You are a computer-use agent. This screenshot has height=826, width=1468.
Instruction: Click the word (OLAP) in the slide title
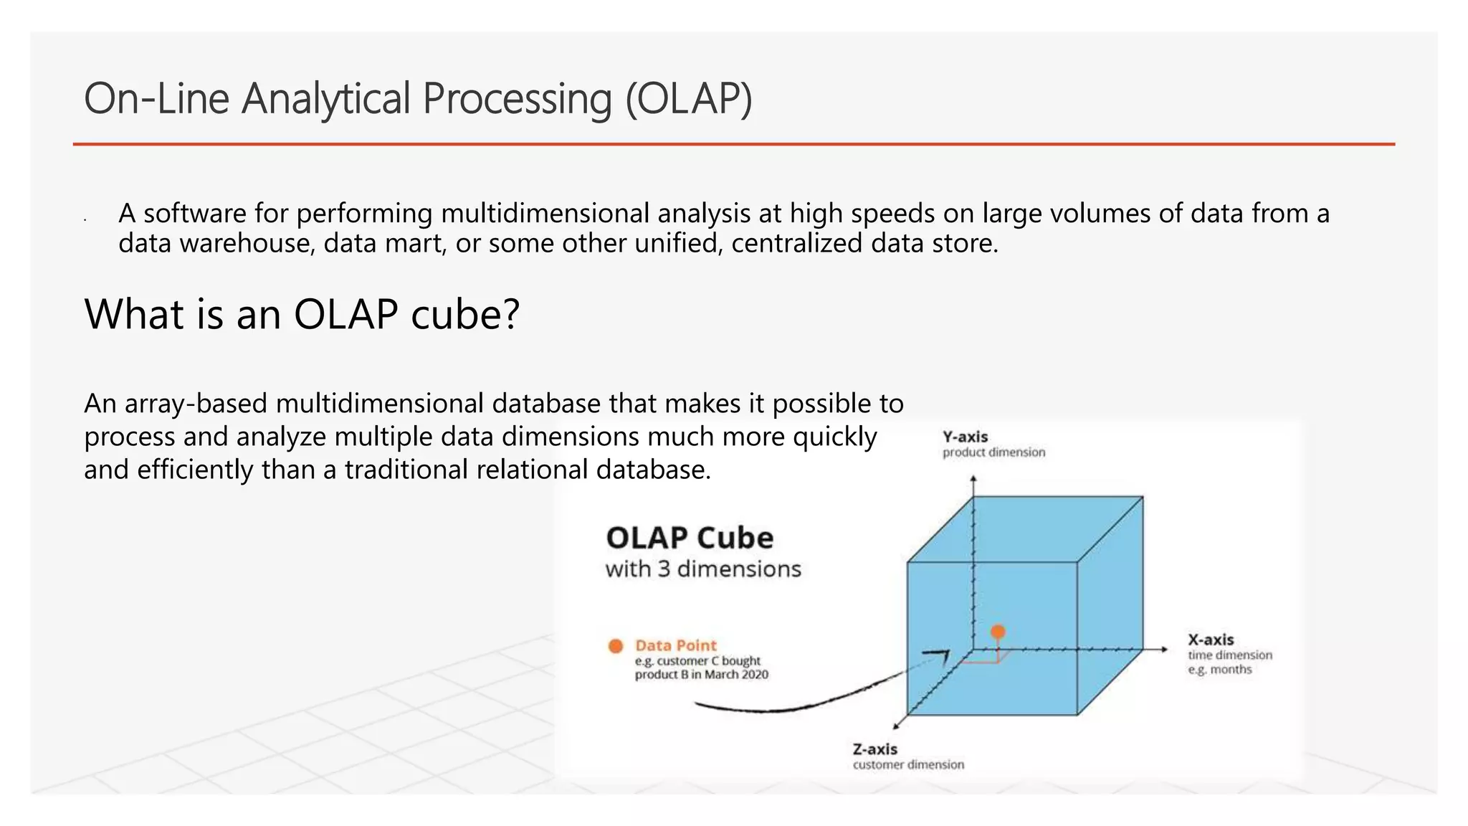(x=689, y=99)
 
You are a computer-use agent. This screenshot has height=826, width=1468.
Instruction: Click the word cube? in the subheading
(x=465, y=314)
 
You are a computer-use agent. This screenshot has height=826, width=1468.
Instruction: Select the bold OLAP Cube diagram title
(x=690, y=538)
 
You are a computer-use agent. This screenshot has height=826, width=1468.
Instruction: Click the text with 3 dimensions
(x=703, y=569)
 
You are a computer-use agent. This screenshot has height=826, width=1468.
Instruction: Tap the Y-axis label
(x=965, y=437)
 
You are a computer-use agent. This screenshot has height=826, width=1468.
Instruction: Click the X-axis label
(x=1211, y=640)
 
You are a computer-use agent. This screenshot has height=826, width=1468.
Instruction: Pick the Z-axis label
(x=874, y=749)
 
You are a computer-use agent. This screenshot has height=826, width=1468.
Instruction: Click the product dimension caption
(x=993, y=452)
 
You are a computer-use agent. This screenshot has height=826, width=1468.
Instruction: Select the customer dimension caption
(x=908, y=765)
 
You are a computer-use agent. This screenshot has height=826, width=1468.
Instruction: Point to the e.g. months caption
(x=1220, y=670)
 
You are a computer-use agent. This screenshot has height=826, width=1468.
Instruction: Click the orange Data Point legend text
(x=675, y=645)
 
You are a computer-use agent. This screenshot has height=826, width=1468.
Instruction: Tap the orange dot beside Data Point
(x=615, y=646)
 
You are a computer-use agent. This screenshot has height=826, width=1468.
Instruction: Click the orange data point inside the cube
(x=998, y=632)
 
